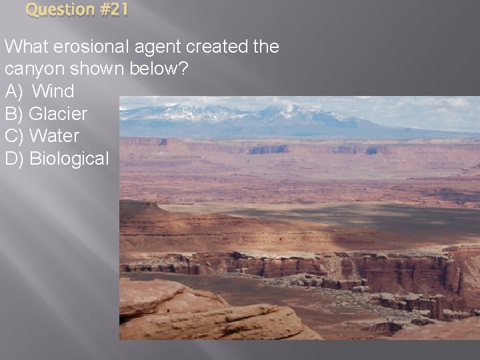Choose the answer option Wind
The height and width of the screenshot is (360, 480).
coord(53,91)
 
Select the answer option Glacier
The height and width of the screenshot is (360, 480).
coord(58,114)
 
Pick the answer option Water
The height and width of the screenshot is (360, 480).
coord(55,136)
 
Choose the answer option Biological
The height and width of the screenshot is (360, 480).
coord(69,159)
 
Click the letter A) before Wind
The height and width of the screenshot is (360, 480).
coord(14,91)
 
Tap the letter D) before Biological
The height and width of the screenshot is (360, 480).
coord(15,159)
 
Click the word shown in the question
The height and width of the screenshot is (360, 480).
coord(91,69)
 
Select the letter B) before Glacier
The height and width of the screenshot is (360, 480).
coord(14,114)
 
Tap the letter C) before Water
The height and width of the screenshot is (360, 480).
coord(15,136)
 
